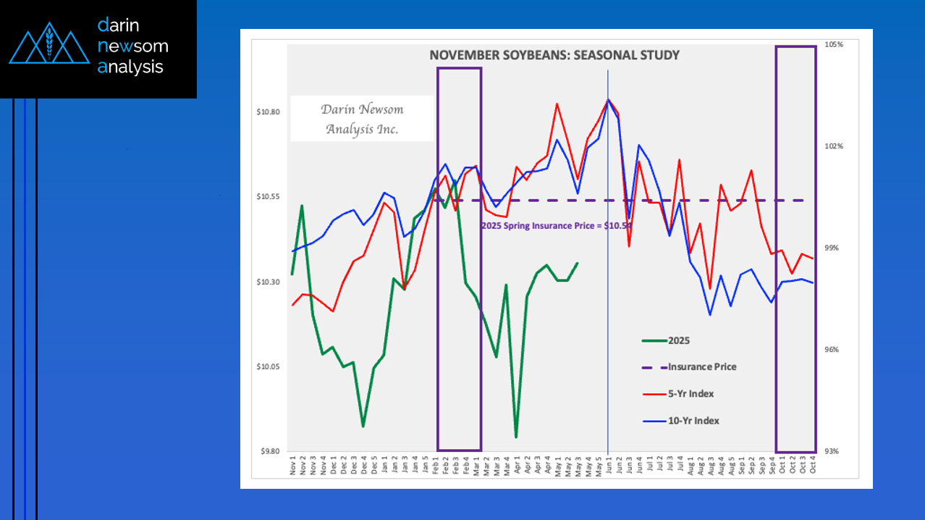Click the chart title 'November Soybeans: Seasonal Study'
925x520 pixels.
[554, 55]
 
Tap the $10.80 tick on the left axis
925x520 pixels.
[269, 112]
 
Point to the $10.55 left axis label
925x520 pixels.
[269, 197]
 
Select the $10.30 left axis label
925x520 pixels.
[269, 282]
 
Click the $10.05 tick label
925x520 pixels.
[269, 366]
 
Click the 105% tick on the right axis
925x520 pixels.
[834, 44]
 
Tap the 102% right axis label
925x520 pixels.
[834, 146]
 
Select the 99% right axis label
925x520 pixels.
[834, 248]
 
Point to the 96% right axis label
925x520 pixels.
[834, 350]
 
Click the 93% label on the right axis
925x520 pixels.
[834, 451]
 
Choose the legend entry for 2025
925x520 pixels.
[679, 340]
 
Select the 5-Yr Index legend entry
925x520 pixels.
[690, 393]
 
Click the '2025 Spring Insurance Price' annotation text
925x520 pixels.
[556, 226]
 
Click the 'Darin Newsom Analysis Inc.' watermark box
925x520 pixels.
[362, 119]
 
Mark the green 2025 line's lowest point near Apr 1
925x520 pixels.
[516, 437]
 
